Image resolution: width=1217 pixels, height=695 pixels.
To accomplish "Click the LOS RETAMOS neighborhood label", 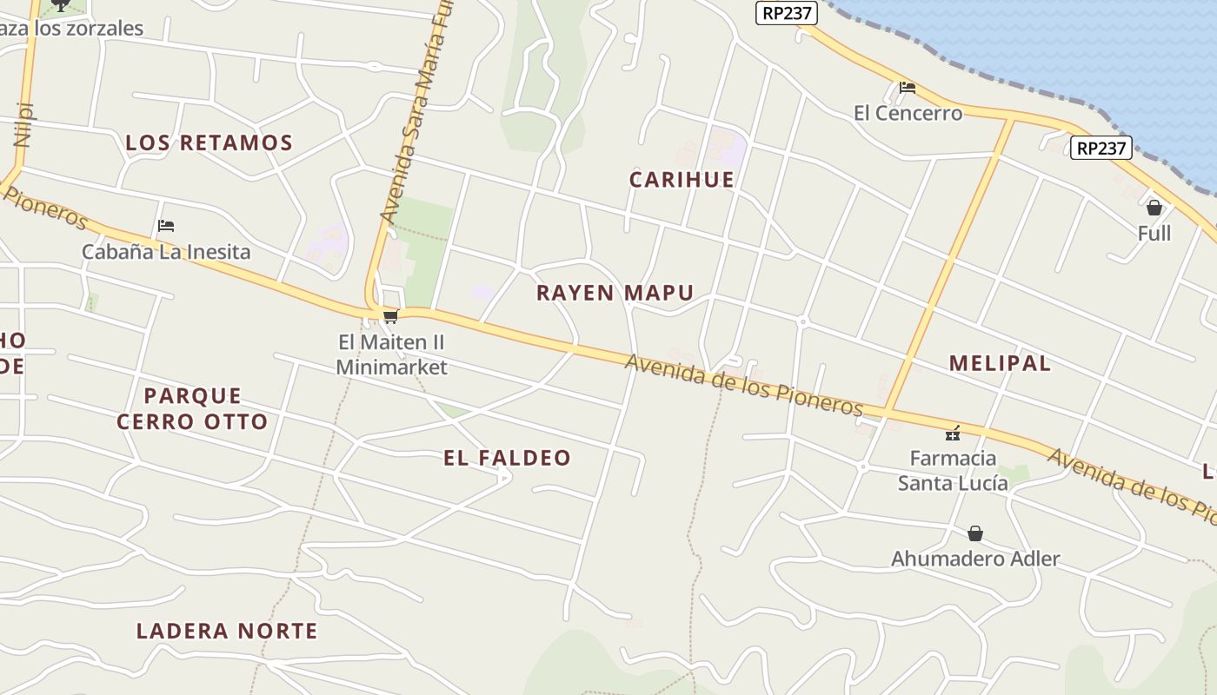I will coord(209,142).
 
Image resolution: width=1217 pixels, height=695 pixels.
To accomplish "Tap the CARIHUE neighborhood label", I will coord(682,180).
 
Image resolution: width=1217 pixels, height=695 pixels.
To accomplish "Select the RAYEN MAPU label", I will coord(615,293).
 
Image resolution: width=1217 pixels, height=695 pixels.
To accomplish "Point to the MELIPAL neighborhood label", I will coord(1000,363).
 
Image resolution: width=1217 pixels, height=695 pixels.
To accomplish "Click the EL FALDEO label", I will coord(507,458).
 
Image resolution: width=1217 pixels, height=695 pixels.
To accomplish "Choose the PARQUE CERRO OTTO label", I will coord(192,409).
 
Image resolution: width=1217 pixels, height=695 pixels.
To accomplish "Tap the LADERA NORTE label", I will coord(227,631).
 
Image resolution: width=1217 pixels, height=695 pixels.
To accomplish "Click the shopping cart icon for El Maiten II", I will coord(390,317).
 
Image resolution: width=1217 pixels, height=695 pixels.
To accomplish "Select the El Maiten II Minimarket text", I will coord(391,354).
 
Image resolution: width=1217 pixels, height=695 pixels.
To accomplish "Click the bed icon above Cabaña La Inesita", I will coord(166,226).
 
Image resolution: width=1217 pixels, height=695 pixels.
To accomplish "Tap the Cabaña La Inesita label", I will coord(166,252).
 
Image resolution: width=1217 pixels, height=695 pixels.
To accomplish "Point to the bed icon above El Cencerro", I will coord(908,87).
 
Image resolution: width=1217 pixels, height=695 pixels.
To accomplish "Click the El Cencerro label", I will coord(908,113).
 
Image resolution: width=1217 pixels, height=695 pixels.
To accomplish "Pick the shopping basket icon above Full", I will coord(1154,208).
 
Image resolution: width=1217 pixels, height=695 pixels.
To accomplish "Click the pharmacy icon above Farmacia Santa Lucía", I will coord(953,432).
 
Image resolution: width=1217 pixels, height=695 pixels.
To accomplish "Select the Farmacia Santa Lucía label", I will coord(953,470).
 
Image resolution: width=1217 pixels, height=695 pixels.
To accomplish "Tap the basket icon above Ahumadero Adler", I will coord(975,533).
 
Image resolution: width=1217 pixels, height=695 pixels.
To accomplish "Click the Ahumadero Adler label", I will coord(975,559).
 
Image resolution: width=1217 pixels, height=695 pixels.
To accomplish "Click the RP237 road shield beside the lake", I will coord(1101,148).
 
